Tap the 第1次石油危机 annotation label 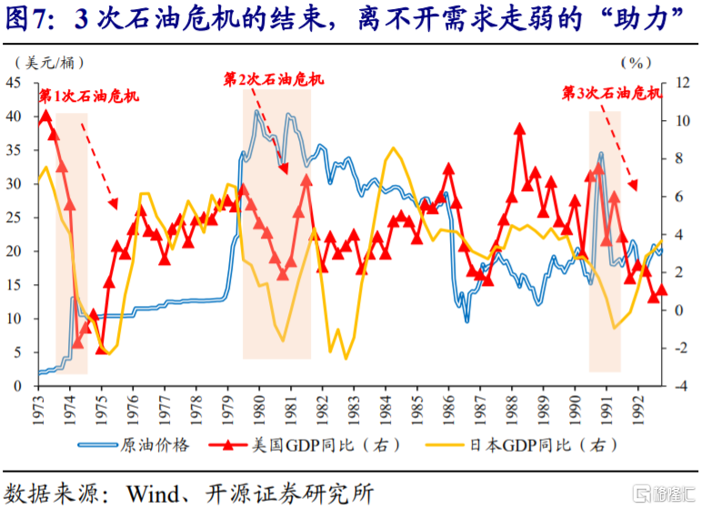[x=88, y=96]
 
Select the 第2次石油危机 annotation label [x=274, y=79]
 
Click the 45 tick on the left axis [x=15, y=83]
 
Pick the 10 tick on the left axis [x=15, y=319]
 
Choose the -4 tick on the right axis [x=671, y=386]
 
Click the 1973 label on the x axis [x=39, y=407]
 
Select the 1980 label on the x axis [x=258, y=407]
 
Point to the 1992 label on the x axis [x=637, y=407]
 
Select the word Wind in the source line [x=152, y=493]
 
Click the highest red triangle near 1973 [x=45, y=115]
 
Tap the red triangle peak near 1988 [x=519, y=128]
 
